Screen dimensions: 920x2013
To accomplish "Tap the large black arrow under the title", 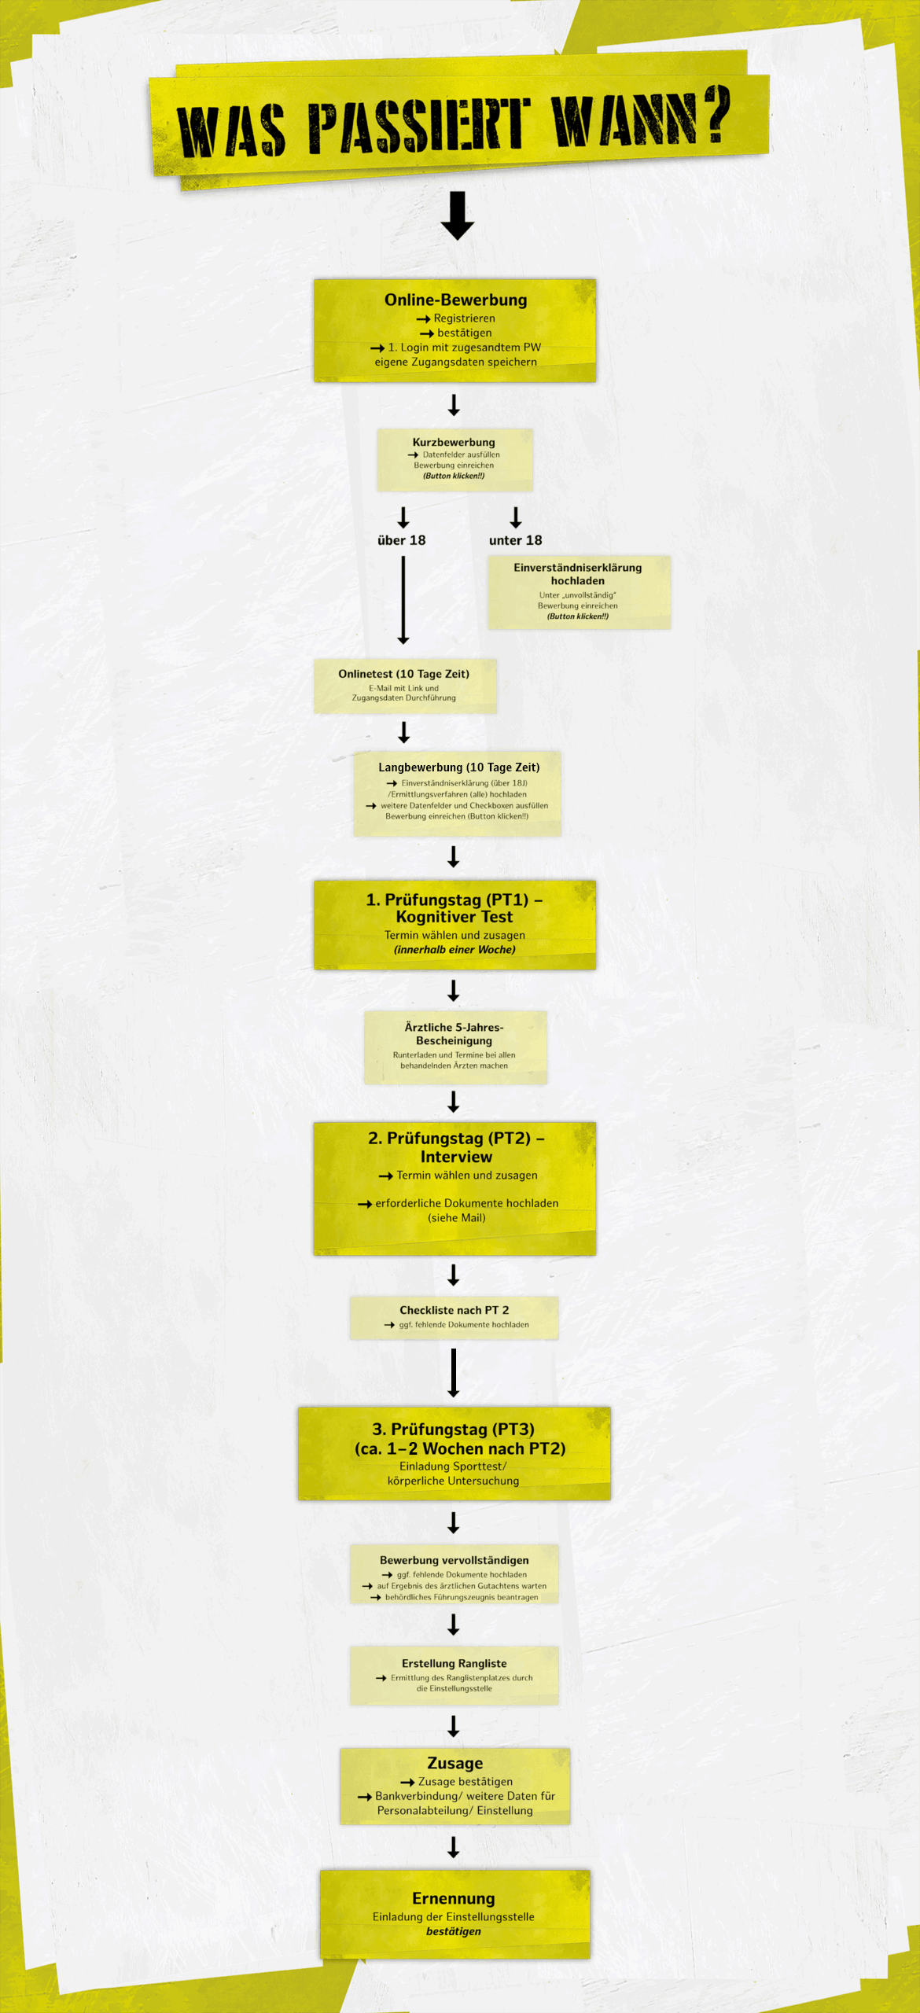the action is [458, 215].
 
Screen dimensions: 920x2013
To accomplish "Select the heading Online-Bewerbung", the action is [456, 300].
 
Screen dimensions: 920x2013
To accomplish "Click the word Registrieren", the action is [465, 318].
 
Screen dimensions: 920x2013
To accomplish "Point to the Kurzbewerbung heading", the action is [454, 442].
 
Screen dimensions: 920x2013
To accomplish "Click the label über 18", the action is [402, 540].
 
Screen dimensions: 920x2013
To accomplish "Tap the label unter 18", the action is [516, 540].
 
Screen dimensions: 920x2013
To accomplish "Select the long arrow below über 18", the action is [403, 601].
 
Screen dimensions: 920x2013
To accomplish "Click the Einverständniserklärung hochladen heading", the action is [578, 574].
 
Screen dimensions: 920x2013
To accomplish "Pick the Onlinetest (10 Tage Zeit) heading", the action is [404, 674].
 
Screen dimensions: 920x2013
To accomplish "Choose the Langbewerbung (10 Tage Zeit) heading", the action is [459, 767].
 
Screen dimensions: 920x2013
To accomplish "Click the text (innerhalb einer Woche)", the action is [455, 950].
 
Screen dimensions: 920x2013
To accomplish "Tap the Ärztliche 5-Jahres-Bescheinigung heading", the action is [454, 1034].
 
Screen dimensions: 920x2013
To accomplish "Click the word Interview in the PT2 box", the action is [456, 1157].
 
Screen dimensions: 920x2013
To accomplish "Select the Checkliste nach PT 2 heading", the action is [454, 1310].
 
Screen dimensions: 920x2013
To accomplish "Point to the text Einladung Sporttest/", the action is [453, 1467].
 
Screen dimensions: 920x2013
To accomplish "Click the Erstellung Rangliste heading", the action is [454, 1663].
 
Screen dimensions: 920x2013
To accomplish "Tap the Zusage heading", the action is [455, 1763].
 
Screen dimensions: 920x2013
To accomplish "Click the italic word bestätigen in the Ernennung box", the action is [454, 1931].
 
